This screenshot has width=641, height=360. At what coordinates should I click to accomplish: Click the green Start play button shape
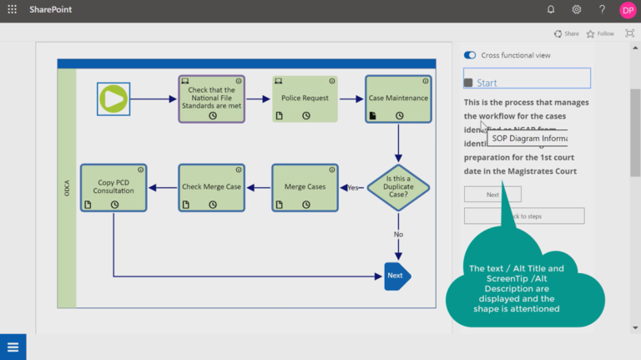pyautogui.click(x=113, y=99)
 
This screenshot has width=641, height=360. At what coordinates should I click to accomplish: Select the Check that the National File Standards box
pyautogui.click(x=211, y=99)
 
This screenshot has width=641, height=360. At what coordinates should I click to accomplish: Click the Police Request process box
pyautogui.click(x=305, y=99)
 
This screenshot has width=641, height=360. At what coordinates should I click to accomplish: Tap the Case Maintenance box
pyautogui.click(x=398, y=99)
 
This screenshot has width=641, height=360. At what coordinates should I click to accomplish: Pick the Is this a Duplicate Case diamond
pyautogui.click(x=398, y=187)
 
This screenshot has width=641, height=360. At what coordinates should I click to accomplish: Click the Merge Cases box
pyautogui.click(x=305, y=187)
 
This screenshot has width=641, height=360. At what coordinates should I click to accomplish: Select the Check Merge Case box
pyautogui.click(x=211, y=187)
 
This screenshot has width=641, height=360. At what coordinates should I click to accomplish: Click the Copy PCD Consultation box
pyautogui.click(x=114, y=187)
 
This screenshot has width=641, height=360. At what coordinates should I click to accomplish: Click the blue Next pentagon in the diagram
pyautogui.click(x=396, y=276)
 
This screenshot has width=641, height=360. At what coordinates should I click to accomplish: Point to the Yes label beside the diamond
pyautogui.click(x=353, y=188)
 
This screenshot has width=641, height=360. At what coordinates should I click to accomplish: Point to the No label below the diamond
pyautogui.click(x=398, y=235)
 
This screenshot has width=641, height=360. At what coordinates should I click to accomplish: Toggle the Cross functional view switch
pyautogui.click(x=470, y=55)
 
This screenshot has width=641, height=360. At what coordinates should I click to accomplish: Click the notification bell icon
pyautogui.click(x=551, y=10)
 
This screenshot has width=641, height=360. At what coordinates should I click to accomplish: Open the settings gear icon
pyautogui.click(x=576, y=10)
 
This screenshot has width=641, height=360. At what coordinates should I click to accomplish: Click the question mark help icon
pyautogui.click(x=602, y=10)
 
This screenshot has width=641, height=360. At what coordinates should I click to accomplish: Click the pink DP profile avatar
pyautogui.click(x=628, y=10)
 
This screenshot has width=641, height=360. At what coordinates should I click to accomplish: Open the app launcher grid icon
pyautogui.click(x=12, y=10)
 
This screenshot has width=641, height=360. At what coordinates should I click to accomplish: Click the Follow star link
pyautogui.click(x=600, y=34)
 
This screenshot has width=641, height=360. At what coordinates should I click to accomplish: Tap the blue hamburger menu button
pyautogui.click(x=13, y=347)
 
